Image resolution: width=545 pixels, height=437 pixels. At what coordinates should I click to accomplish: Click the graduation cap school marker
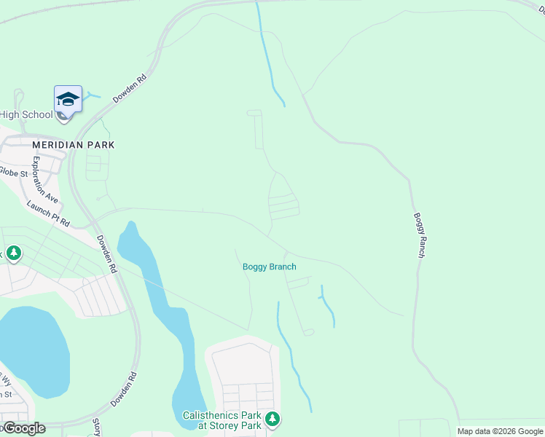[68, 99]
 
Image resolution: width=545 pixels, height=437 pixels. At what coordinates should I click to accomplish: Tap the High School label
[26, 114]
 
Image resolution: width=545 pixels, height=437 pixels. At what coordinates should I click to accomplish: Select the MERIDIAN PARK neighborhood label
[73, 145]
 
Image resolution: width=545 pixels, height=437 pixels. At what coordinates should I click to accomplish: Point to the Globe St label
[13, 173]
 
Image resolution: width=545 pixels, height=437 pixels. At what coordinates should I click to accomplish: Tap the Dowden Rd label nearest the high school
[130, 88]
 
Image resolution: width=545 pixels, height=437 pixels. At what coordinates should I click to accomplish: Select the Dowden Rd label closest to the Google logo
[133, 389]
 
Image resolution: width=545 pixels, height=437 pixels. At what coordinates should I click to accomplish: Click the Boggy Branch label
[269, 267]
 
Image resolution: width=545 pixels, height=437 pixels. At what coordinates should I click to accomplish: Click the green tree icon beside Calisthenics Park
[272, 419]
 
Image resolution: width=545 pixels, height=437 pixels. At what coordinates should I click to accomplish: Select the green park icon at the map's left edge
[13, 253]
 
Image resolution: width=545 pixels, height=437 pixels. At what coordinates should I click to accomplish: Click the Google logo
[23, 428]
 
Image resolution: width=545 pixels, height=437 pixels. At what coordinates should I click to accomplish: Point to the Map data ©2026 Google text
[499, 431]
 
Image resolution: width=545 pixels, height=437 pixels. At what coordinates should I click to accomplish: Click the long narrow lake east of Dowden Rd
[164, 306]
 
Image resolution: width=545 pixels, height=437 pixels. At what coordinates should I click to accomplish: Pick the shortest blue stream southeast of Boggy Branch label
[327, 305]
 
